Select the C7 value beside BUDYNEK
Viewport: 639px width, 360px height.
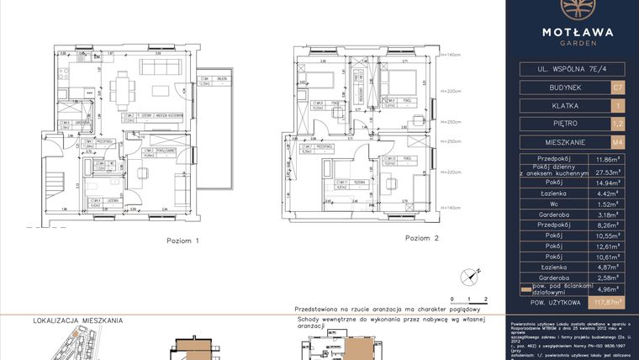(x=618, y=87)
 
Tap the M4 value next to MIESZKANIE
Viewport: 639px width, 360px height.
(x=618, y=142)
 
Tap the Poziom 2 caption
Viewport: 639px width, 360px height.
(x=422, y=238)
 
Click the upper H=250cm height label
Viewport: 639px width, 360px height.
(x=452, y=119)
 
